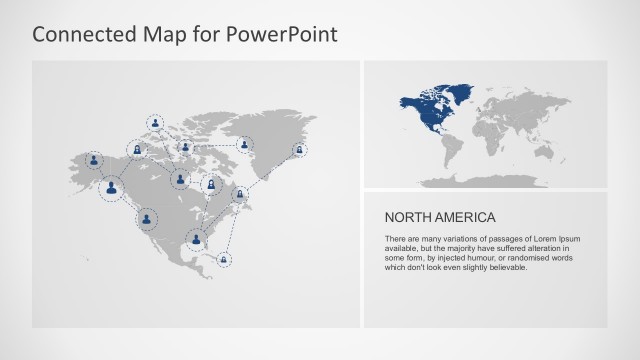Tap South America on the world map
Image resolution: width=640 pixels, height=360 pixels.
tap(453, 150)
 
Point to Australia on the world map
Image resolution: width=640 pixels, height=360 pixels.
tap(577, 155)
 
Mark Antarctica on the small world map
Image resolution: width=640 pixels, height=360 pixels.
tap(500, 182)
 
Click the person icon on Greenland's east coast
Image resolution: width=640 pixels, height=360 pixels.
tap(299, 150)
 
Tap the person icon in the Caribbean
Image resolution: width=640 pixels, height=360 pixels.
tap(224, 260)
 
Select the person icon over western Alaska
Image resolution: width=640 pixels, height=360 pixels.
tap(94, 160)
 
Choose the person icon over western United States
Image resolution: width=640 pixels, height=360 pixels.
tap(148, 217)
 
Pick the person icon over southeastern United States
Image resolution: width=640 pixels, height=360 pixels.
tap(197, 239)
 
